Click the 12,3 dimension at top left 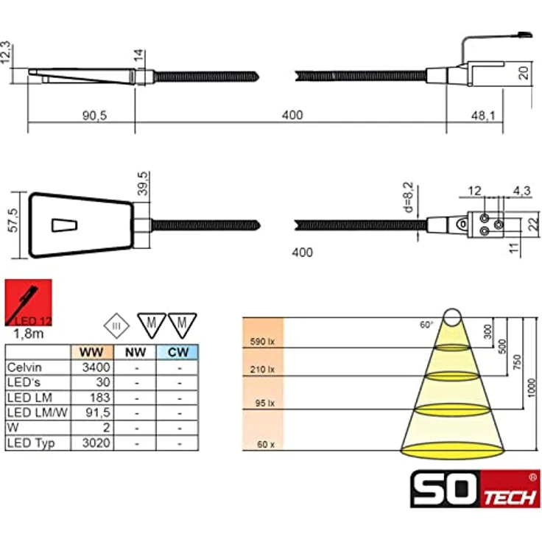click(8, 53)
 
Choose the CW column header click(177, 352)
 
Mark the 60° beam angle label click(426, 324)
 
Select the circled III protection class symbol click(116, 325)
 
